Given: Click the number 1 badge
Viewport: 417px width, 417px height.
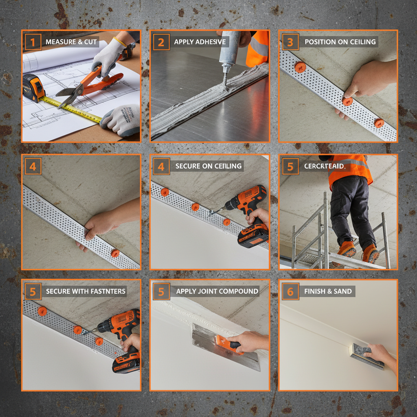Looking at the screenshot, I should point(33,42).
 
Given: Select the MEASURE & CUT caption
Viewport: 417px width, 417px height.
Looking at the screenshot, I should point(71,42).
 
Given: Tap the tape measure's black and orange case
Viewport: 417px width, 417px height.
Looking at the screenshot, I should point(33,87).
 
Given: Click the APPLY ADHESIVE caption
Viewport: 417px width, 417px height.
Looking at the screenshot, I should point(200,42).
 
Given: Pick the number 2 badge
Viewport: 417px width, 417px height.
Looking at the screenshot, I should point(161,42).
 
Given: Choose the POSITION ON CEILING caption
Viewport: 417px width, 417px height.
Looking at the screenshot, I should point(340,42).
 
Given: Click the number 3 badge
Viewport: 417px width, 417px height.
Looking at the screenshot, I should point(290,42).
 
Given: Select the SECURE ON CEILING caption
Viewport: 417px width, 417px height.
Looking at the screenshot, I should point(208,166).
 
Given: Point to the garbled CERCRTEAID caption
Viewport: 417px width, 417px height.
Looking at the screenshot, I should point(324,166).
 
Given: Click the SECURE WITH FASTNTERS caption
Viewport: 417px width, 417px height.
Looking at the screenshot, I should point(86,291).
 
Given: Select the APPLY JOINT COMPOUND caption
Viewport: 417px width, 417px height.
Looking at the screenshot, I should point(217,291).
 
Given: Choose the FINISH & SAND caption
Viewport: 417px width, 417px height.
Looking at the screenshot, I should point(328,291).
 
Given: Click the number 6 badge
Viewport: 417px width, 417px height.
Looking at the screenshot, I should point(290,291).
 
